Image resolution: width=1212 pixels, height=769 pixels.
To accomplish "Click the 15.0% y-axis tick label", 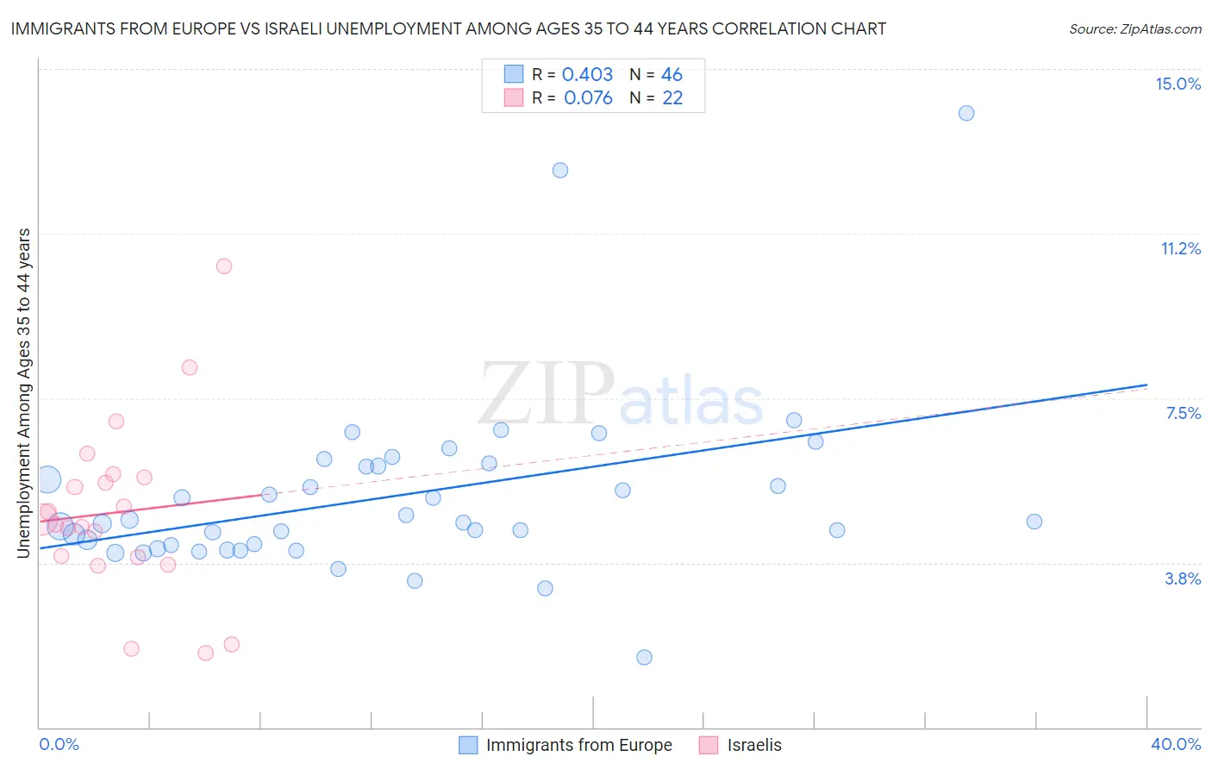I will click(x=1178, y=84).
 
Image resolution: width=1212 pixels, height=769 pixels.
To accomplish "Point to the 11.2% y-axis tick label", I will click(x=1180, y=248).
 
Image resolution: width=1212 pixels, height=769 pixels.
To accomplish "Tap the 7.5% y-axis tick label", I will click(x=1183, y=413).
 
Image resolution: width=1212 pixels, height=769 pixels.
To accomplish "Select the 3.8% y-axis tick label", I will click(x=1183, y=578).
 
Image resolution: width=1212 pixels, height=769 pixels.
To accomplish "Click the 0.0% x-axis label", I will click(x=59, y=744).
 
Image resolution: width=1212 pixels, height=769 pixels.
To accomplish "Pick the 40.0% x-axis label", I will click(x=1175, y=744).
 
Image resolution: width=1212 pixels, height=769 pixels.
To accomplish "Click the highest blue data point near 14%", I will click(x=966, y=113).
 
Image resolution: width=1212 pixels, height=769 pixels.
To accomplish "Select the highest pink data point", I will click(x=224, y=266).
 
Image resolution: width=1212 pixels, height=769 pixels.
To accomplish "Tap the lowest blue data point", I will click(x=644, y=657).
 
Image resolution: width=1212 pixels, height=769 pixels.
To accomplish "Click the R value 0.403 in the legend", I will click(x=587, y=75).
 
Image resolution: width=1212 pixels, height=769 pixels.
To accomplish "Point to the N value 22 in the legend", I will click(x=672, y=98).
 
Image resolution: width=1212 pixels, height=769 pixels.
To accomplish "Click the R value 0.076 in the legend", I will click(x=588, y=98).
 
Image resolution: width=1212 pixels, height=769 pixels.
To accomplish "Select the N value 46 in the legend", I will click(x=672, y=75).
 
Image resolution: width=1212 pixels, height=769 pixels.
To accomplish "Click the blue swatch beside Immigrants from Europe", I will click(x=468, y=745).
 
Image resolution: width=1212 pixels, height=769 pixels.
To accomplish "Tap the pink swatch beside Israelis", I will click(x=709, y=745).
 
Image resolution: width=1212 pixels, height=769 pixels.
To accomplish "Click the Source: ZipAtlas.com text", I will click(x=1134, y=29).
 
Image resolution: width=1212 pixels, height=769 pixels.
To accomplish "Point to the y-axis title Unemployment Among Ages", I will click(x=24, y=392).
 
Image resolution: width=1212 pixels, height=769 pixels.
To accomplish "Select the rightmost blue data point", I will click(x=1034, y=522).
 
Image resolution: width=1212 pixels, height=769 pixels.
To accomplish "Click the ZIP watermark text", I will click(x=547, y=393).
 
